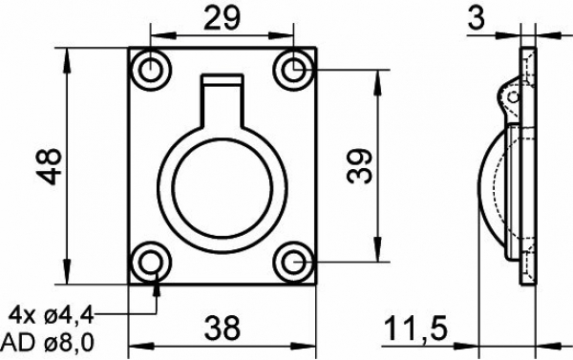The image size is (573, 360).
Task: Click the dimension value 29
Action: click(x=222, y=18)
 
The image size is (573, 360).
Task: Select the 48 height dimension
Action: click(x=50, y=166)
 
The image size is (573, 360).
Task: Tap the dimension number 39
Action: click(x=359, y=165)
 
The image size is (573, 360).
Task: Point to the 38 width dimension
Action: click(x=223, y=328)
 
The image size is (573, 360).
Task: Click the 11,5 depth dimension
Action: click(x=415, y=328)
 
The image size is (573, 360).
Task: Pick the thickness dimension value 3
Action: click(x=476, y=18)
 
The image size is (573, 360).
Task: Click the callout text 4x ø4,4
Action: click(x=52, y=315)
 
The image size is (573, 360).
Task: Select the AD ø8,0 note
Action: click(x=48, y=343)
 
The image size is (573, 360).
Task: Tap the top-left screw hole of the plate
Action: click(x=150, y=70)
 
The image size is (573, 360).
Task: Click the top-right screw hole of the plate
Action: click(x=293, y=70)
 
